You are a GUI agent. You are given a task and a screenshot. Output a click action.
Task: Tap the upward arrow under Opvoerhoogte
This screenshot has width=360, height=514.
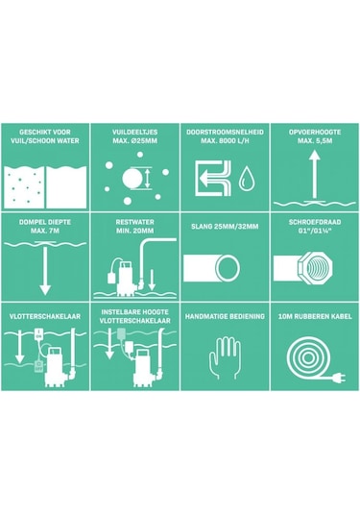click(315, 175)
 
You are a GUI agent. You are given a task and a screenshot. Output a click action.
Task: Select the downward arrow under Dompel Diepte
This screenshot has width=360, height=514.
click(45, 269)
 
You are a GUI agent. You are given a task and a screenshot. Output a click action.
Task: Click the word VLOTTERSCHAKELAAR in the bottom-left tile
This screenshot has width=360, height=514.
click(45, 316)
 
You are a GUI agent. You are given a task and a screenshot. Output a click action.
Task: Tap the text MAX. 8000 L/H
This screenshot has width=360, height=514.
click(225, 141)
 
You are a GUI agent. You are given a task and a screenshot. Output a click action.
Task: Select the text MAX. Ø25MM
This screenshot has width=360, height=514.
click(135, 141)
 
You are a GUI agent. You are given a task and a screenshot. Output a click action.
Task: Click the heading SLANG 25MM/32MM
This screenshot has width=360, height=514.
click(225, 227)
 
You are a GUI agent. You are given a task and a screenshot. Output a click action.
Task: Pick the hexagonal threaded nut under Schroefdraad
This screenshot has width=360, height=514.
click(315, 268)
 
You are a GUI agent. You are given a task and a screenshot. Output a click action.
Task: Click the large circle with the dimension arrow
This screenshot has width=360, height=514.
click(132, 178)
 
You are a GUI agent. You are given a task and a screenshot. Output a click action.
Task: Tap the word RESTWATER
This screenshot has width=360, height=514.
click(135, 222)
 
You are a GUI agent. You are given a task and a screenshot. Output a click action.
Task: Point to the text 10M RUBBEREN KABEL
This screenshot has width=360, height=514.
click(315, 316)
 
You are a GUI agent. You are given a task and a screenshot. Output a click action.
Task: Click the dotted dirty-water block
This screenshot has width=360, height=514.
click(24, 186)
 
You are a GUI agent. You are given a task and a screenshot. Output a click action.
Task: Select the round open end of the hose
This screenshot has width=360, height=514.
click(228, 268)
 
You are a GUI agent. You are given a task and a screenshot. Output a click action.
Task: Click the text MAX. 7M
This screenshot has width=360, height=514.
click(45, 231)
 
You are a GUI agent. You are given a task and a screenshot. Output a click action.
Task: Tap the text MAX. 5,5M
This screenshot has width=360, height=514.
click(315, 141)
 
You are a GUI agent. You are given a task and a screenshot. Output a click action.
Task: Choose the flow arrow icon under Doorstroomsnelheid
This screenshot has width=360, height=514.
click(213, 178)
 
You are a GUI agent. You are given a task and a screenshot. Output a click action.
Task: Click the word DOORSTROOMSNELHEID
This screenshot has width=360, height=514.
click(225, 133)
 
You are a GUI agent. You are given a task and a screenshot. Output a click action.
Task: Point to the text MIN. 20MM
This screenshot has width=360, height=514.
click(135, 231)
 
